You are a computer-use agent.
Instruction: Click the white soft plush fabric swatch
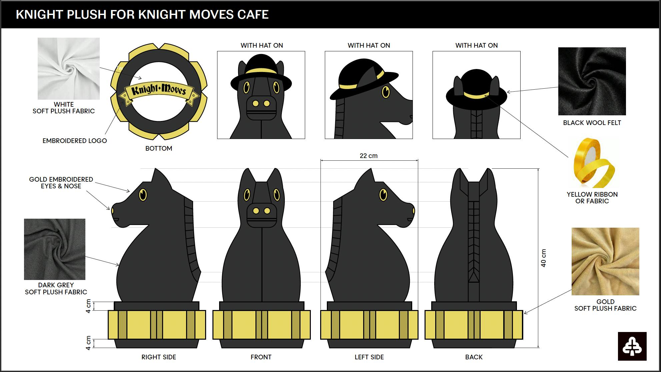click(x=68, y=68)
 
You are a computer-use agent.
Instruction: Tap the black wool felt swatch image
click(x=592, y=81)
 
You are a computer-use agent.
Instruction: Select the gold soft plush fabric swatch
click(x=605, y=261)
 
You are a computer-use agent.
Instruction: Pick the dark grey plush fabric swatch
click(x=55, y=249)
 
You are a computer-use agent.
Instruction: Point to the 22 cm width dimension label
click(x=369, y=156)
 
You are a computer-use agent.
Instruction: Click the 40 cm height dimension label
click(x=543, y=258)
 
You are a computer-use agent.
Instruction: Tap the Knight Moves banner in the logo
click(x=159, y=91)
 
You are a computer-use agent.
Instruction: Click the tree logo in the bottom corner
click(x=632, y=346)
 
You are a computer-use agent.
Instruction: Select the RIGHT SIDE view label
click(x=159, y=357)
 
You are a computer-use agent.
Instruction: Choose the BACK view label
click(x=474, y=357)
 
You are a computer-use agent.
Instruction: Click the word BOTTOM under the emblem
click(x=159, y=148)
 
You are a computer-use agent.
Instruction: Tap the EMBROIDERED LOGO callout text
click(x=75, y=141)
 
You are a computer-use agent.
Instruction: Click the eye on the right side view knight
click(x=143, y=195)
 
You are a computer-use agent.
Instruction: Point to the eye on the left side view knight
click(x=384, y=195)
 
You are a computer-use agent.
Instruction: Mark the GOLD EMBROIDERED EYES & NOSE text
click(x=61, y=183)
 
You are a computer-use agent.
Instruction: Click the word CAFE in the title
click(x=253, y=15)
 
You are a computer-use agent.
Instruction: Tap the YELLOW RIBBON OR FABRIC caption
click(x=592, y=198)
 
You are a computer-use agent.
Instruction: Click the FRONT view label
click(x=261, y=357)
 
